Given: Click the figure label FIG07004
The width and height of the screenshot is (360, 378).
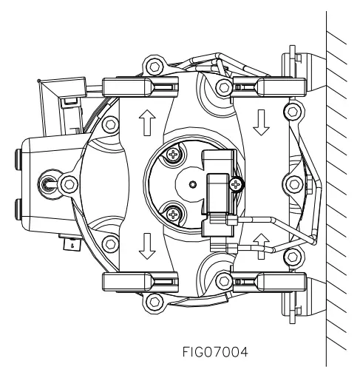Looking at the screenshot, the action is tap(215, 352).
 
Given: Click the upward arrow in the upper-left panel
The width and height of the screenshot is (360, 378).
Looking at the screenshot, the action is tap(147, 123).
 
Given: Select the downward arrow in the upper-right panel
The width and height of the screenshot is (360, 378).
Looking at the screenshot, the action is tap(261, 123).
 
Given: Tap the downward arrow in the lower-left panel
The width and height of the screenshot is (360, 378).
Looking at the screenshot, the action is tap(147, 246).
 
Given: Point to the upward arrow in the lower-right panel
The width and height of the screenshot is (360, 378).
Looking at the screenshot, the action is tap(261, 246).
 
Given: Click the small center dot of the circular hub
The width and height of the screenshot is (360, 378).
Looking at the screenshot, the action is tap(193, 184).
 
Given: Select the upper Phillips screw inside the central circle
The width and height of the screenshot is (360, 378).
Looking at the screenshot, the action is tap(174, 155).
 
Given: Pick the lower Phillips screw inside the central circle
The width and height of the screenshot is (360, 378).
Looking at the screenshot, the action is tap(174, 214).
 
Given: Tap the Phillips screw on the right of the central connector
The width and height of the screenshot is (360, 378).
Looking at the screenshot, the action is tap(236, 184).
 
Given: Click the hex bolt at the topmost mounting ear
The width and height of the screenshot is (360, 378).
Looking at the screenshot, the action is tap(154, 67).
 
